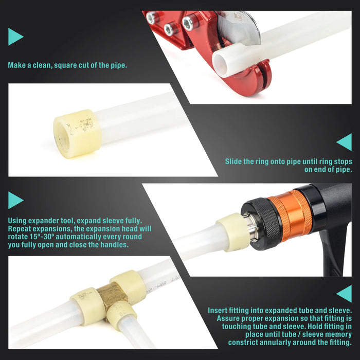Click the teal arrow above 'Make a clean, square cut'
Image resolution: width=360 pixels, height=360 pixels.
tap(15, 37)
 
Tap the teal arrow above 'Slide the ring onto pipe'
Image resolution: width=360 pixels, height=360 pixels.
tap(344, 142)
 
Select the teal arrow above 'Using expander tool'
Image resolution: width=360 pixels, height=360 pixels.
tap(15, 200)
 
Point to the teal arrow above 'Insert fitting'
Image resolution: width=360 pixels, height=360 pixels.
tap(344, 294)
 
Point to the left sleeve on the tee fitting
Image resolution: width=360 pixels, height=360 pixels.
tap(87, 307)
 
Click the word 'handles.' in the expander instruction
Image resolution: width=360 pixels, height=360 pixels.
tap(114, 245)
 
